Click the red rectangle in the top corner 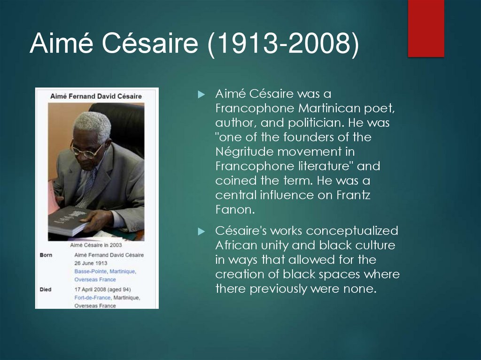click(x=426, y=28)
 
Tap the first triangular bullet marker click(x=202, y=95)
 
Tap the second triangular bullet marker click(x=202, y=231)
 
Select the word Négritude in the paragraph click(x=244, y=152)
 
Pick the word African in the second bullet click(x=236, y=245)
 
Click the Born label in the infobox click(x=46, y=255)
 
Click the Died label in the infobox click(x=46, y=289)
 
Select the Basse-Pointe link click(x=91, y=272)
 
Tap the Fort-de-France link click(x=93, y=298)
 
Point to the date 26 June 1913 click(x=91, y=263)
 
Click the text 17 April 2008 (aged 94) click(x=102, y=289)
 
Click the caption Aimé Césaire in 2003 click(x=96, y=245)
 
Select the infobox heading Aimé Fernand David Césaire click(x=96, y=96)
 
